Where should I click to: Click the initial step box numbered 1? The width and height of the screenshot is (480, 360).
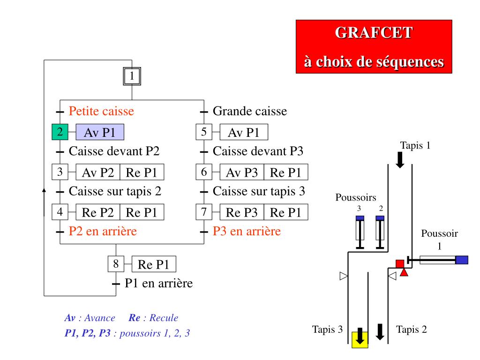(x=132, y=76)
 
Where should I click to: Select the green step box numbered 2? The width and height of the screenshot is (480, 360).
(x=60, y=133)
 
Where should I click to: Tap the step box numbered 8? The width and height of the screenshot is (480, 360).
(x=116, y=264)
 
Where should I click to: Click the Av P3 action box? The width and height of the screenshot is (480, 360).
(x=242, y=172)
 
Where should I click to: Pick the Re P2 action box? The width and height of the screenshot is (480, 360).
(x=98, y=213)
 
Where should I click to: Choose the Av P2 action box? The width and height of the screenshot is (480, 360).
(x=98, y=172)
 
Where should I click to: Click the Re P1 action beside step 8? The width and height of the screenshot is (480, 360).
(x=153, y=265)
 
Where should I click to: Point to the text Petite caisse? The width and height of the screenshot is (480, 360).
(x=101, y=112)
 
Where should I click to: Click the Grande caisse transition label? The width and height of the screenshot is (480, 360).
(x=250, y=112)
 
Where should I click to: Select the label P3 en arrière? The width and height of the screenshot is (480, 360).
(x=247, y=231)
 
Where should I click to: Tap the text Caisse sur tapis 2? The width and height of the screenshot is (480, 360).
(x=115, y=191)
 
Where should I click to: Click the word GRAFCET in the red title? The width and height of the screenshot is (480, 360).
(x=374, y=33)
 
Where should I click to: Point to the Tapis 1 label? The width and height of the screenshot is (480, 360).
(x=415, y=145)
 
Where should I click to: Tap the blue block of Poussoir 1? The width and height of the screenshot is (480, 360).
(x=462, y=260)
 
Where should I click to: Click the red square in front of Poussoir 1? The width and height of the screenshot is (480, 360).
(x=400, y=263)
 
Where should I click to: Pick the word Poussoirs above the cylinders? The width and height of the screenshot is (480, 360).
(x=356, y=197)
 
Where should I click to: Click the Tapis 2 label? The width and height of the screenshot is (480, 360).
(x=412, y=329)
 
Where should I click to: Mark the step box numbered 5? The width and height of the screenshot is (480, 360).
(x=204, y=132)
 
